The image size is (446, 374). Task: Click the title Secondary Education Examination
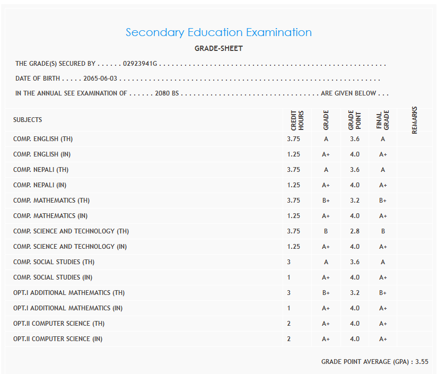(218, 32)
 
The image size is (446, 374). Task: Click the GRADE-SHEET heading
(218, 48)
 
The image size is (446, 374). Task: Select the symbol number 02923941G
(140, 64)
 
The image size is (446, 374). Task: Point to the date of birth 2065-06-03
(100, 79)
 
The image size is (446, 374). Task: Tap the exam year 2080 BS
(167, 93)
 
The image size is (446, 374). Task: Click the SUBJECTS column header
(28, 120)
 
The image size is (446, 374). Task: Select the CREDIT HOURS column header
(297, 120)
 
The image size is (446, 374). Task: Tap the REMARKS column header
(415, 120)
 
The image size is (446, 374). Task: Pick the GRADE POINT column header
(354, 120)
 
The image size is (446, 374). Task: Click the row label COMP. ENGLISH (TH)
(43, 139)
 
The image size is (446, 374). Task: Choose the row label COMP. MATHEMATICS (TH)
(50, 201)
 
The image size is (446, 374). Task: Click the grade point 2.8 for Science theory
(355, 231)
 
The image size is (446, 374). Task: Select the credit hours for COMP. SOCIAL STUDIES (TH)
(289, 262)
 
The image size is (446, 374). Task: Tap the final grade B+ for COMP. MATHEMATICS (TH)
(383, 201)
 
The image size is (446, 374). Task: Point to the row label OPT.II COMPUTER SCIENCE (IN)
(58, 339)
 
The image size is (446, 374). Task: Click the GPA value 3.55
(422, 362)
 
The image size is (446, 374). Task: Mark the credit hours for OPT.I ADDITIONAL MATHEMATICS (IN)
(289, 308)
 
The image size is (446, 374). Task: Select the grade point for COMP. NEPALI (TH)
(355, 170)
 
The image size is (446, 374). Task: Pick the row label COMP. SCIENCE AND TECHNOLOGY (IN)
(71, 247)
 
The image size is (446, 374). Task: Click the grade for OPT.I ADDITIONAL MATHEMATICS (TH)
(326, 293)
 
